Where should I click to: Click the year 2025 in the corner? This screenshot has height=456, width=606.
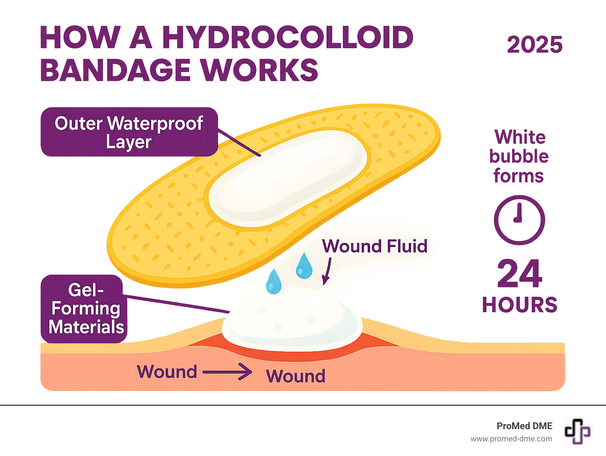535,45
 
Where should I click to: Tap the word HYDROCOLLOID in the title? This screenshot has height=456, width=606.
288,38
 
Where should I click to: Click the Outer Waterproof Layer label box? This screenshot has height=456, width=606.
129,132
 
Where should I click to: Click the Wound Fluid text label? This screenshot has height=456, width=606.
374,246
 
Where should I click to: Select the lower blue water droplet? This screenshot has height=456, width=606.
274,282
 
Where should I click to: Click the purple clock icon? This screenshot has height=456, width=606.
519,220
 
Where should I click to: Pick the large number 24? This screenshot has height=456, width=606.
520,274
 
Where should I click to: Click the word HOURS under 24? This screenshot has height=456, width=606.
520,305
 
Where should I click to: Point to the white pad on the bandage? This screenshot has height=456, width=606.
287,178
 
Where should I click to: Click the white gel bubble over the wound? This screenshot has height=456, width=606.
292,320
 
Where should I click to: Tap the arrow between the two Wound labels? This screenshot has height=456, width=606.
228,372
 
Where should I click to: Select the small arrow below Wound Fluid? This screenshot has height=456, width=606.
327,271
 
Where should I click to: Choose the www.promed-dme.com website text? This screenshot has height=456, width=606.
511,439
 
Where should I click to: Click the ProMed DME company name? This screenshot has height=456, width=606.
524,426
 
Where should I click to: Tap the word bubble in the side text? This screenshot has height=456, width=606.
519,156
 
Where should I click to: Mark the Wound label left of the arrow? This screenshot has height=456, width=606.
167,372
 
